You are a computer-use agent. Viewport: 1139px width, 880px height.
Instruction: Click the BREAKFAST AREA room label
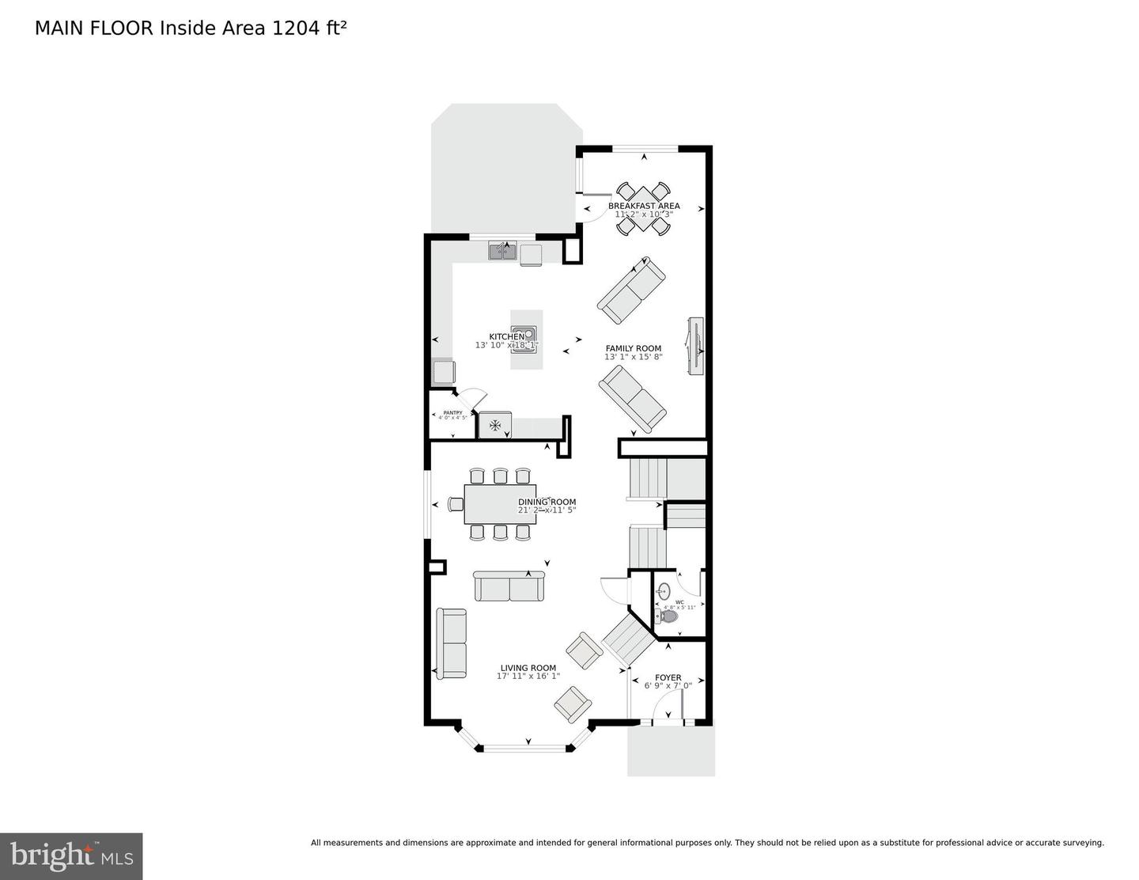[x=643, y=206]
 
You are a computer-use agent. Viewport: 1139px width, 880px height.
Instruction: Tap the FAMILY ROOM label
[x=633, y=348]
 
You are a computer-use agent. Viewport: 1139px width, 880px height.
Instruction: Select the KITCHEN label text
[x=506, y=337]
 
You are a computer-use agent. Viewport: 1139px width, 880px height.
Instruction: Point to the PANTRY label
[x=452, y=412]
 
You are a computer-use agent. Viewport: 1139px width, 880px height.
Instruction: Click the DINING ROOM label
[x=547, y=502]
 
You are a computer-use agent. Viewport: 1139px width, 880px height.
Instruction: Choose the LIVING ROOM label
[x=528, y=668]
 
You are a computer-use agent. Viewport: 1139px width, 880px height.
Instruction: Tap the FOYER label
[x=668, y=677]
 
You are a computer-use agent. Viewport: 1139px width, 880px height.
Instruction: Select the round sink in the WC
[x=664, y=590]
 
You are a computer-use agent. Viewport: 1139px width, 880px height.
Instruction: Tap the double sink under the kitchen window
[x=502, y=252]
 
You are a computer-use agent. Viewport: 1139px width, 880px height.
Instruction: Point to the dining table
[x=500, y=504]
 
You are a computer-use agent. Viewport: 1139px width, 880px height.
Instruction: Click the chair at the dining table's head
[x=456, y=504]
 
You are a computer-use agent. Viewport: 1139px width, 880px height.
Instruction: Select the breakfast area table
[x=643, y=209]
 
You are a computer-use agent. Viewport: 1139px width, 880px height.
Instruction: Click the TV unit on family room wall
[x=695, y=347]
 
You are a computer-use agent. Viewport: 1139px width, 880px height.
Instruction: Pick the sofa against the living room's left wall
[x=452, y=643]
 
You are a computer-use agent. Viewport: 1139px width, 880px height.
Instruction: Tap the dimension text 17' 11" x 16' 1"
[x=528, y=677]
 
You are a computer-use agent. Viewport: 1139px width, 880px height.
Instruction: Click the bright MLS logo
[x=71, y=856]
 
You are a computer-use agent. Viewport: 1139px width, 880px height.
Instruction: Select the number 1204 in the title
[x=294, y=28]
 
